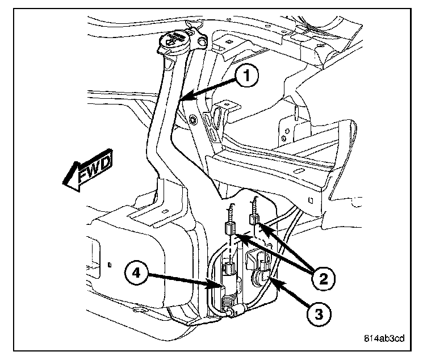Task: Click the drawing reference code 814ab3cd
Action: [x=384, y=340]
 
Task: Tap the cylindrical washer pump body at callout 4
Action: [x=225, y=280]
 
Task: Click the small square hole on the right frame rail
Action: [x=312, y=199]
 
